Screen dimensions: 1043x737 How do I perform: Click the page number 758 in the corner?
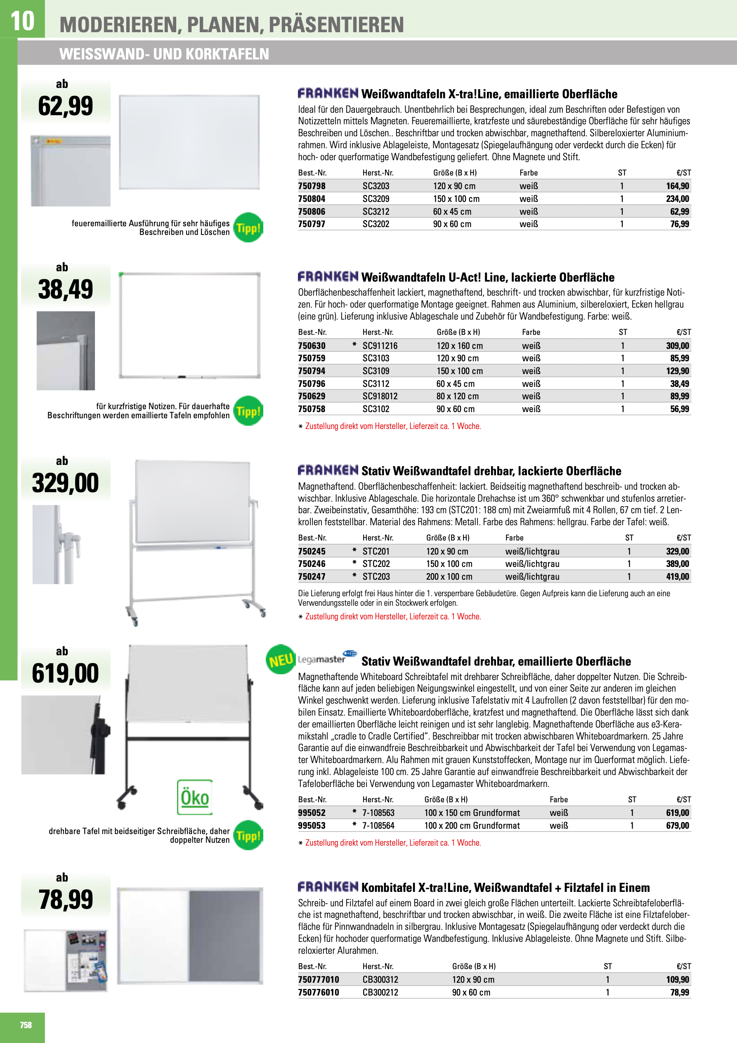tap(26, 1024)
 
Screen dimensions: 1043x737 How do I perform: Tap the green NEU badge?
tap(281, 659)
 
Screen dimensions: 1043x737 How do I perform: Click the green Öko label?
tap(195, 798)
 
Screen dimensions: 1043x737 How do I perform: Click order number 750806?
tap(312, 212)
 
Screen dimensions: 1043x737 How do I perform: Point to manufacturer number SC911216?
tap(380, 346)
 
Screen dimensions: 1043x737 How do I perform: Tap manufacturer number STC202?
tap(376, 564)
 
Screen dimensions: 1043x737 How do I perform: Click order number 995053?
tap(312, 825)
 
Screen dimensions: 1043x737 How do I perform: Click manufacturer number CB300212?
tap(380, 992)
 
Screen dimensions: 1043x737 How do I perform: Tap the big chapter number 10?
tap(22, 21)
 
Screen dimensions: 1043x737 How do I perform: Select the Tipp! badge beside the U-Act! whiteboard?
tap(248, 411)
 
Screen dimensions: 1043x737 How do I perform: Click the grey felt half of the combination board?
tap(225, 935)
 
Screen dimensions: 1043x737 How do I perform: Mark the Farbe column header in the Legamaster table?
tap(559, 799)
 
